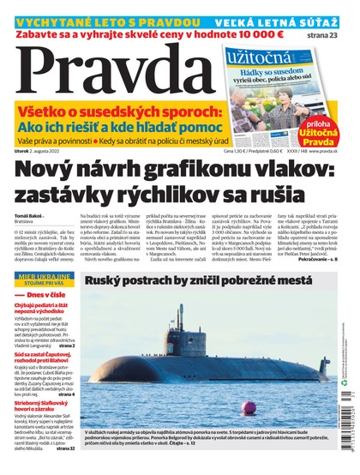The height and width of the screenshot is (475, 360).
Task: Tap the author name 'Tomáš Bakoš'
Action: [29, 215]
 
